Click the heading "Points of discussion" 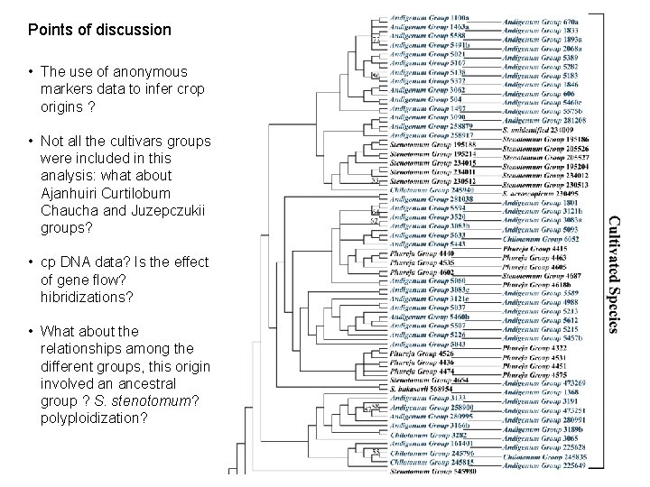click(x=99, y=30)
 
